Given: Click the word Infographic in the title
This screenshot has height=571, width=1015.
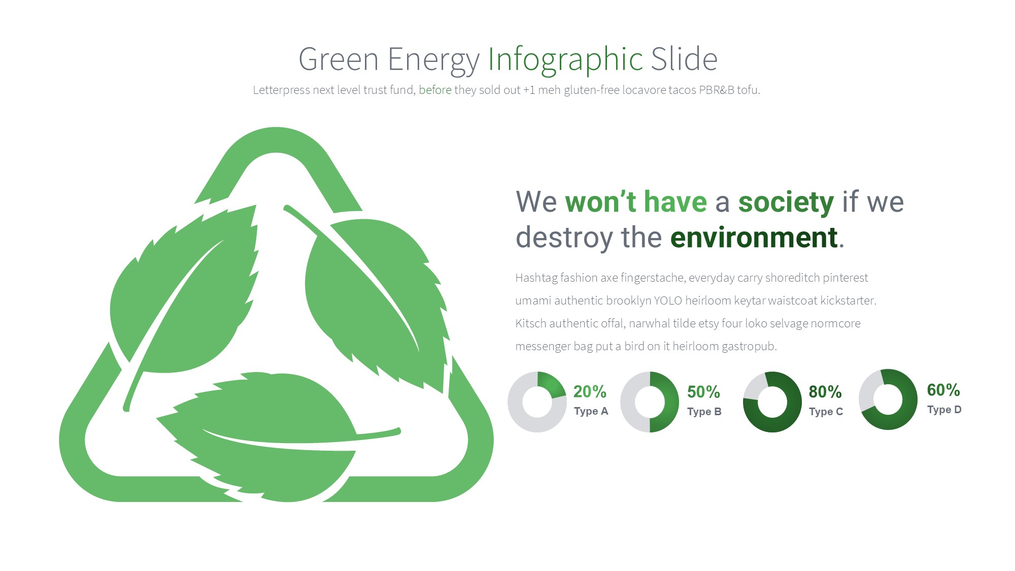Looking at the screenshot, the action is pos(565,60).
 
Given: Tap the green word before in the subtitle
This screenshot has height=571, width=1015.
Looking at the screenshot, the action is pos(435,90).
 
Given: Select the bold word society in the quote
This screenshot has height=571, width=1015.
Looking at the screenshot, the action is pos(786,203).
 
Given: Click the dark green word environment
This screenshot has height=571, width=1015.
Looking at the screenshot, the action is pos(754,238).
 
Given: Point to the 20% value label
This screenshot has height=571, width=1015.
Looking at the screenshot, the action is pos(590,391).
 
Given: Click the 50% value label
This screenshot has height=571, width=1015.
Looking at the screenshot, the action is pos(703,392).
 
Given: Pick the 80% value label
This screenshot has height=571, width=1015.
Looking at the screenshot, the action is pos(825,392).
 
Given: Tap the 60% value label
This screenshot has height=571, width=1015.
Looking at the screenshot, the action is pos(943,390).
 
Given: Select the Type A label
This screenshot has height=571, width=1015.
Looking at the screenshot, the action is pos(591,411).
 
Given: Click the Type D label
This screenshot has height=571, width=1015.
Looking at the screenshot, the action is pos(944,410).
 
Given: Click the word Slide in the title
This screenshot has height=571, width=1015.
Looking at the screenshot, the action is pos(684,59).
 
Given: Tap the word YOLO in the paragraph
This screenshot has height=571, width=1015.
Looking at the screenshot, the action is pos(668,300).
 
